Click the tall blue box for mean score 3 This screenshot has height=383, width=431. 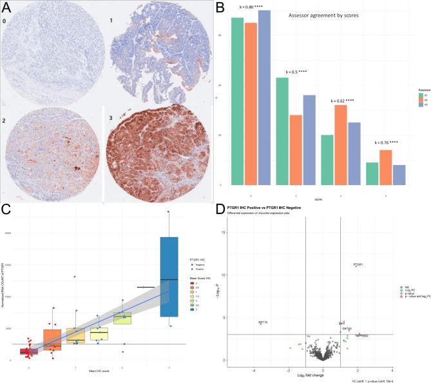[169, 277]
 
